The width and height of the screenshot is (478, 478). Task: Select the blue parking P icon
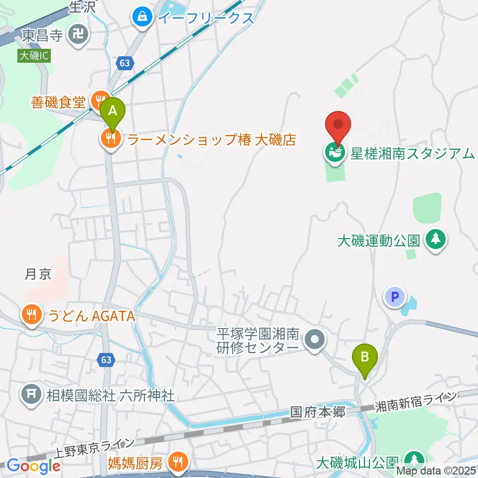(395, 298)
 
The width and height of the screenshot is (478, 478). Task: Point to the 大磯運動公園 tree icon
(437, 240)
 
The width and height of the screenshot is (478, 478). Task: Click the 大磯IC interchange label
(34, 56)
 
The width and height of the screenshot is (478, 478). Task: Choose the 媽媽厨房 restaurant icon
(177, 463)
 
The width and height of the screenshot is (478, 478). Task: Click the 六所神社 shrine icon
(31, 395)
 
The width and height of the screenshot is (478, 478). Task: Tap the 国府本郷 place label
(318, 412)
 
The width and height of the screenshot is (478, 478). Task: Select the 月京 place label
(38, 274)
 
